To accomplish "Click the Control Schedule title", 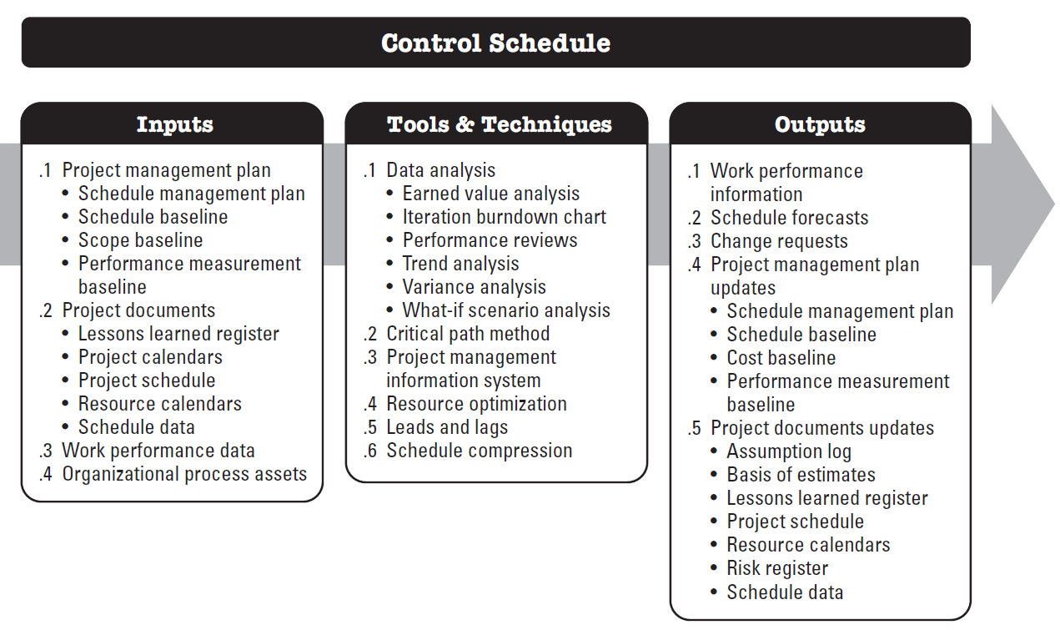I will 495,43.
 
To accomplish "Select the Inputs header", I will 174,125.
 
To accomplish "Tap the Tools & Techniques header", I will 499,125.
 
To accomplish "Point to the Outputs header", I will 820,125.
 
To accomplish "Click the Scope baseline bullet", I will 140,240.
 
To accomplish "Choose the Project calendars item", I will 150,357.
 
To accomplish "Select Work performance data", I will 158,451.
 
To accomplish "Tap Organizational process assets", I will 184,474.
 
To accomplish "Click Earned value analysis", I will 490,194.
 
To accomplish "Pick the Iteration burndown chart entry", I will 504,217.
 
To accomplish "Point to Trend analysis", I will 460,264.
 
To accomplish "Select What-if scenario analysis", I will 506,310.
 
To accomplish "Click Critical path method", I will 468,334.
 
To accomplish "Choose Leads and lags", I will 447,427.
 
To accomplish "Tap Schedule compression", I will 479,451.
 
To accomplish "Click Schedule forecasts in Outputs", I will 789,218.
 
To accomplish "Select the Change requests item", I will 779,241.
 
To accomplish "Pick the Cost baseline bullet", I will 781,358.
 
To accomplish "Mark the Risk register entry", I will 777,568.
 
